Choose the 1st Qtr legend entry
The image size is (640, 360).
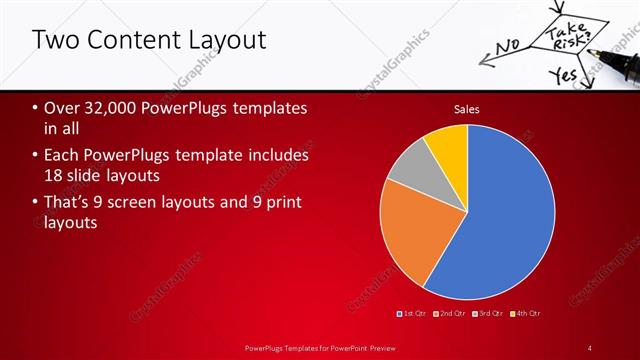tap(415, 314)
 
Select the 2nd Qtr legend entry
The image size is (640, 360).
tap(452, 314)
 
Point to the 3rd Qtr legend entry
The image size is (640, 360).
tap(488, 314)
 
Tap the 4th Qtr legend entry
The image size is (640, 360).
tap(525, 314)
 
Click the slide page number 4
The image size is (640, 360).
tap(590, 347)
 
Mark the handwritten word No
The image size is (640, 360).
tap(508, 45)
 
